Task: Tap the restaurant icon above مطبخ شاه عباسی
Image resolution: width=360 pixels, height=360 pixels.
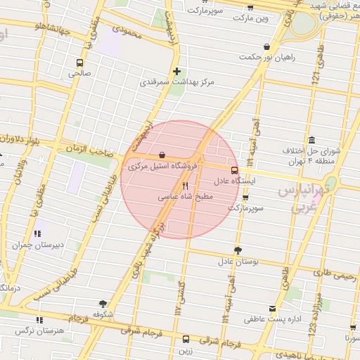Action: [x=185, y=186]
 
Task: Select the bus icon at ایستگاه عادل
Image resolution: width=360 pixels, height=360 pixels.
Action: [x=234, y=169]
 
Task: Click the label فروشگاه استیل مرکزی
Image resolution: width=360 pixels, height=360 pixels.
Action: [x=159, y=167]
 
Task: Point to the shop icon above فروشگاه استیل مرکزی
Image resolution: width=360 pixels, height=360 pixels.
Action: [x=162, y=155]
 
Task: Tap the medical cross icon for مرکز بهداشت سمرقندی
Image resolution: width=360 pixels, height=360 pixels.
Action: [x=176, y=71]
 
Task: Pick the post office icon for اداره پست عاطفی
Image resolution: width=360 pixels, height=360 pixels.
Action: [x=272, y=308]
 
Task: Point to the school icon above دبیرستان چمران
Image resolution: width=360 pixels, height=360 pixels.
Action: [x=37, y=233]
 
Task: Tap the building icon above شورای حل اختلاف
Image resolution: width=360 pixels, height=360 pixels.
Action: [x=311, y=139]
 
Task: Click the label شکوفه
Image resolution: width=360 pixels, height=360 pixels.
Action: [x=103, y=315]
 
